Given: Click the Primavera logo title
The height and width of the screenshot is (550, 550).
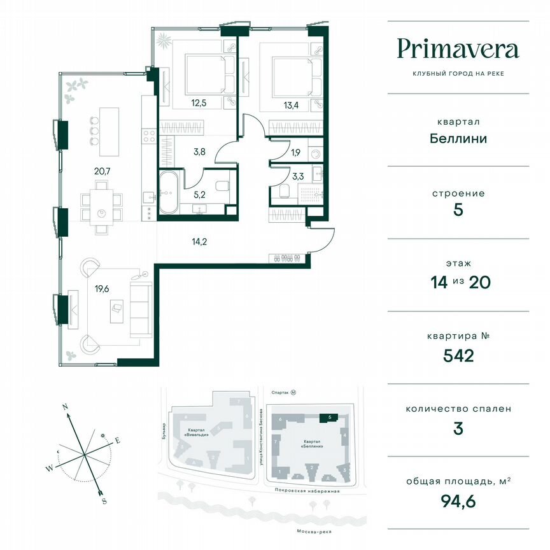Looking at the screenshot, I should pos(458,49).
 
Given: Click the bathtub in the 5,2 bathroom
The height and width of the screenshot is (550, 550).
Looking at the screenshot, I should pos(169,193).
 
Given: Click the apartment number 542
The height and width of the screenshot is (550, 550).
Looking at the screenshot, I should pos(458,355).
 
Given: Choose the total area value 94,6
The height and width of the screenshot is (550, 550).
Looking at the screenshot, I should pos(458,500).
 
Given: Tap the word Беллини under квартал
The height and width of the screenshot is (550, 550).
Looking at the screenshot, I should pos(458,137).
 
